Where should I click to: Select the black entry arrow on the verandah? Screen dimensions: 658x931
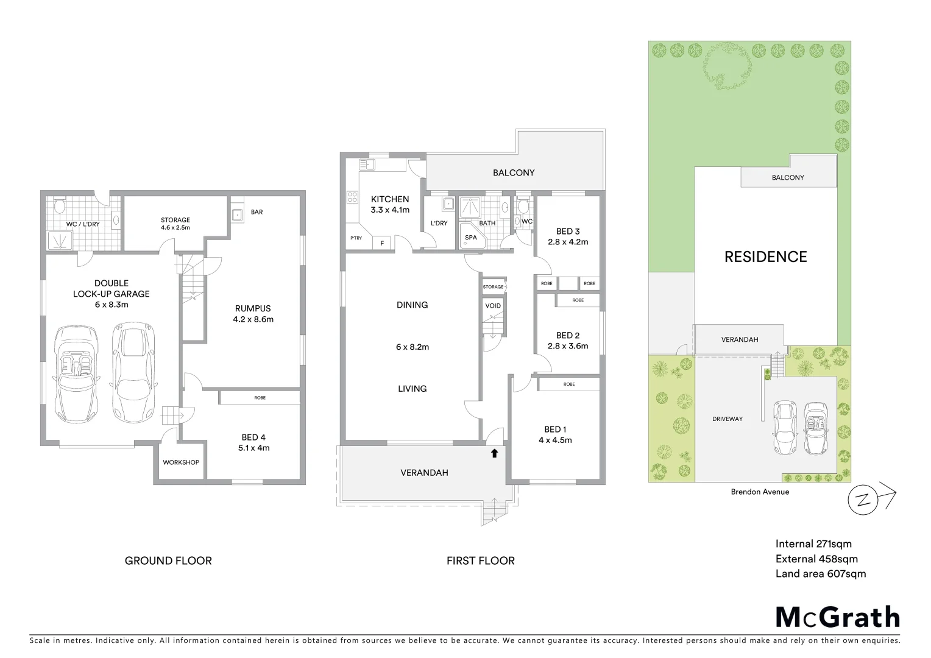(x=494, y=453)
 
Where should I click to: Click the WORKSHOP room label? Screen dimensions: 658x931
(x=181, y=462)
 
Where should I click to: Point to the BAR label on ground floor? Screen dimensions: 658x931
(x=257, y=212)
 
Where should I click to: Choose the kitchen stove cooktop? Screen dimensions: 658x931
(x=352, y=197)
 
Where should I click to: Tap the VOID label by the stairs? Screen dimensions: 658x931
(x=493, y=305)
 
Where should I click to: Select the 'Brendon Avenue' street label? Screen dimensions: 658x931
(x=760, y=492)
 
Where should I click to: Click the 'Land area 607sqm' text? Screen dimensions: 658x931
(x=820, y=573)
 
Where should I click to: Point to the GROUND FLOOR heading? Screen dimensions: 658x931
(x=168, y=561)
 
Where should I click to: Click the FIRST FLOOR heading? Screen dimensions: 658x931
(x=480, y=561)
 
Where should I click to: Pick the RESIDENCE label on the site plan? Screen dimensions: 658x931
(x=765, y=256)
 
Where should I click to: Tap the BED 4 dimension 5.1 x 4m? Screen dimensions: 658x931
(x=253, y=448)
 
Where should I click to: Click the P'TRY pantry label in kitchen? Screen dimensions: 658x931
(x=355, y=238)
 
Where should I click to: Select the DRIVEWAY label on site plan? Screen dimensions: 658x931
(x=727, y=419)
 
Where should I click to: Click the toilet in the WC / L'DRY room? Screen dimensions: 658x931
(x=59, y=207)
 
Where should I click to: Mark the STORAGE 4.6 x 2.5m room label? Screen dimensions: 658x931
(x=175, y=224)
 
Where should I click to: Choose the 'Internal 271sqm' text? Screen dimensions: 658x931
(x=813, y=544)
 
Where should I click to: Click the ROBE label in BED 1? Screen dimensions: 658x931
(x=568, y=384)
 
